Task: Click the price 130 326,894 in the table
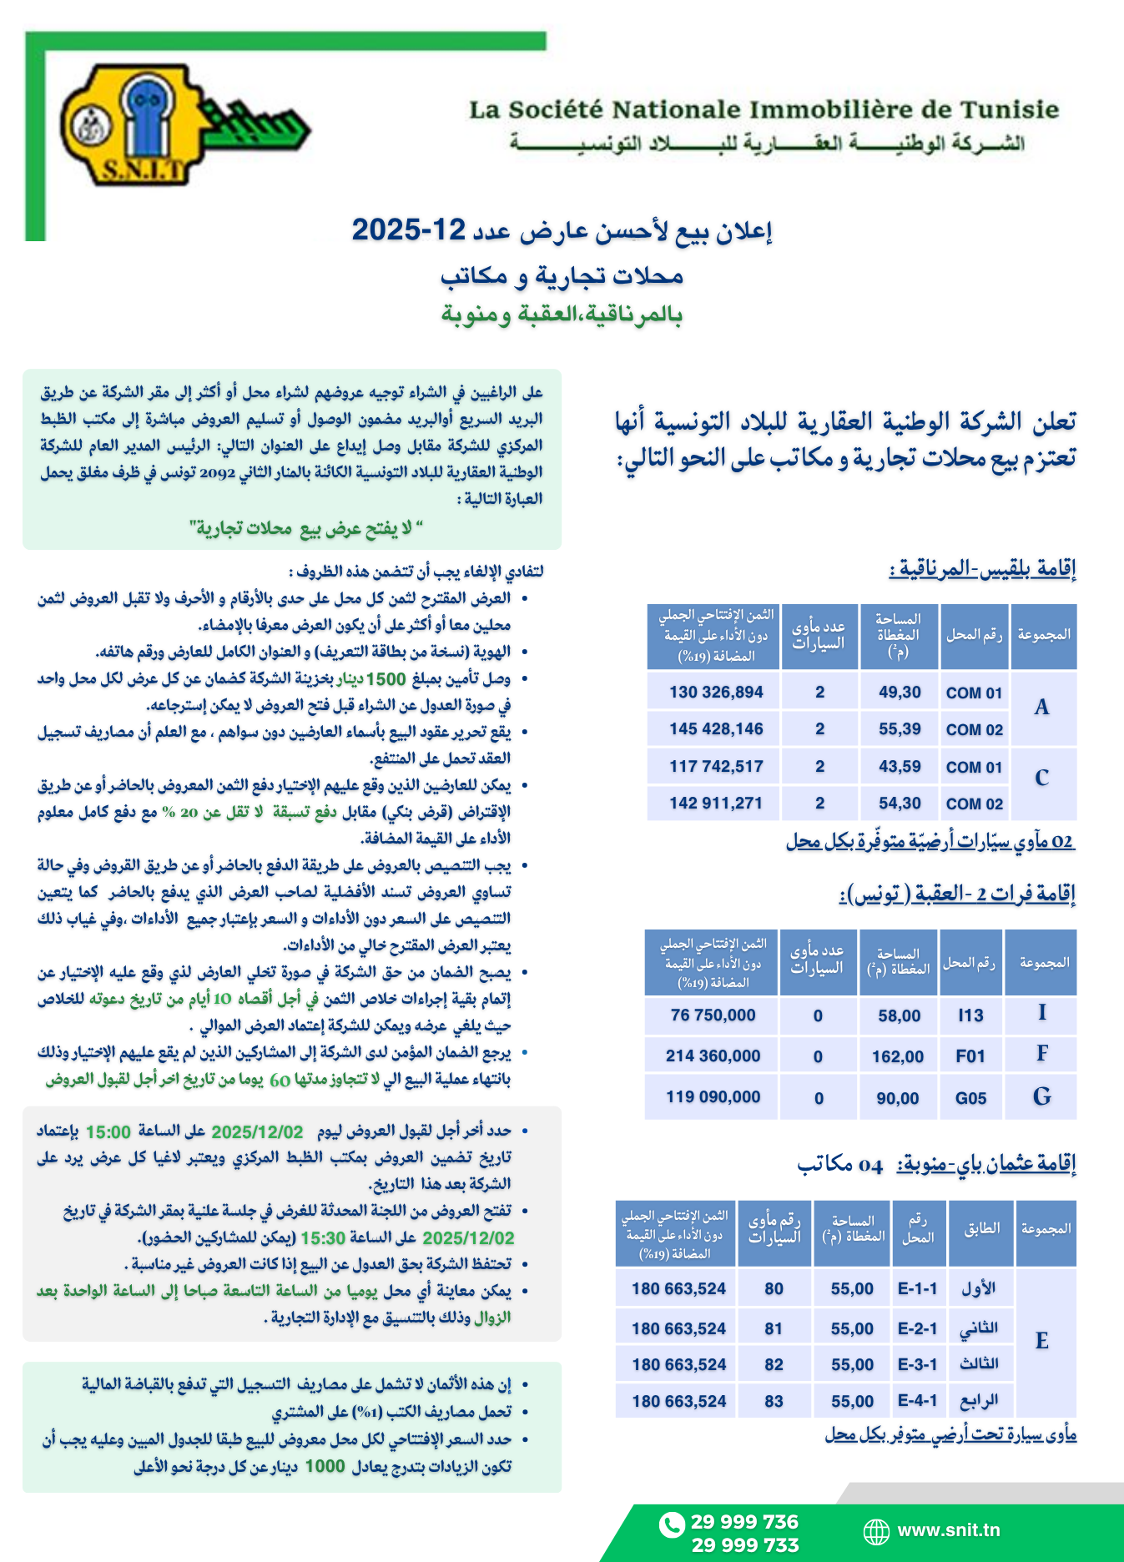pos(716,693)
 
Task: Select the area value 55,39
pos(900,729)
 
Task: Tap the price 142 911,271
pos(716,804)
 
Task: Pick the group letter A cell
pos(1042,708)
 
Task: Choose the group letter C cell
pos(1042,778)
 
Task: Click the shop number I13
pos(970,1015)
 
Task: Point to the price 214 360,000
pos(713,1056)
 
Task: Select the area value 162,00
pos(898,1056)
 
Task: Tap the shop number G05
pos(970,1098)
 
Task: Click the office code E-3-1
pos(917,1364)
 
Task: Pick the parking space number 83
pos(774,1402)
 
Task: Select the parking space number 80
pos(774,1289)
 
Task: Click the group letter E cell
pos(1042,1341)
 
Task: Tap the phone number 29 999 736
pos(744,1522)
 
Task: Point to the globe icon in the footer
pos(876,1531)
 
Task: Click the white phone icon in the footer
pos(671,1524)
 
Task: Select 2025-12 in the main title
pos(408,229)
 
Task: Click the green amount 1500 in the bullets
pos(386,679)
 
